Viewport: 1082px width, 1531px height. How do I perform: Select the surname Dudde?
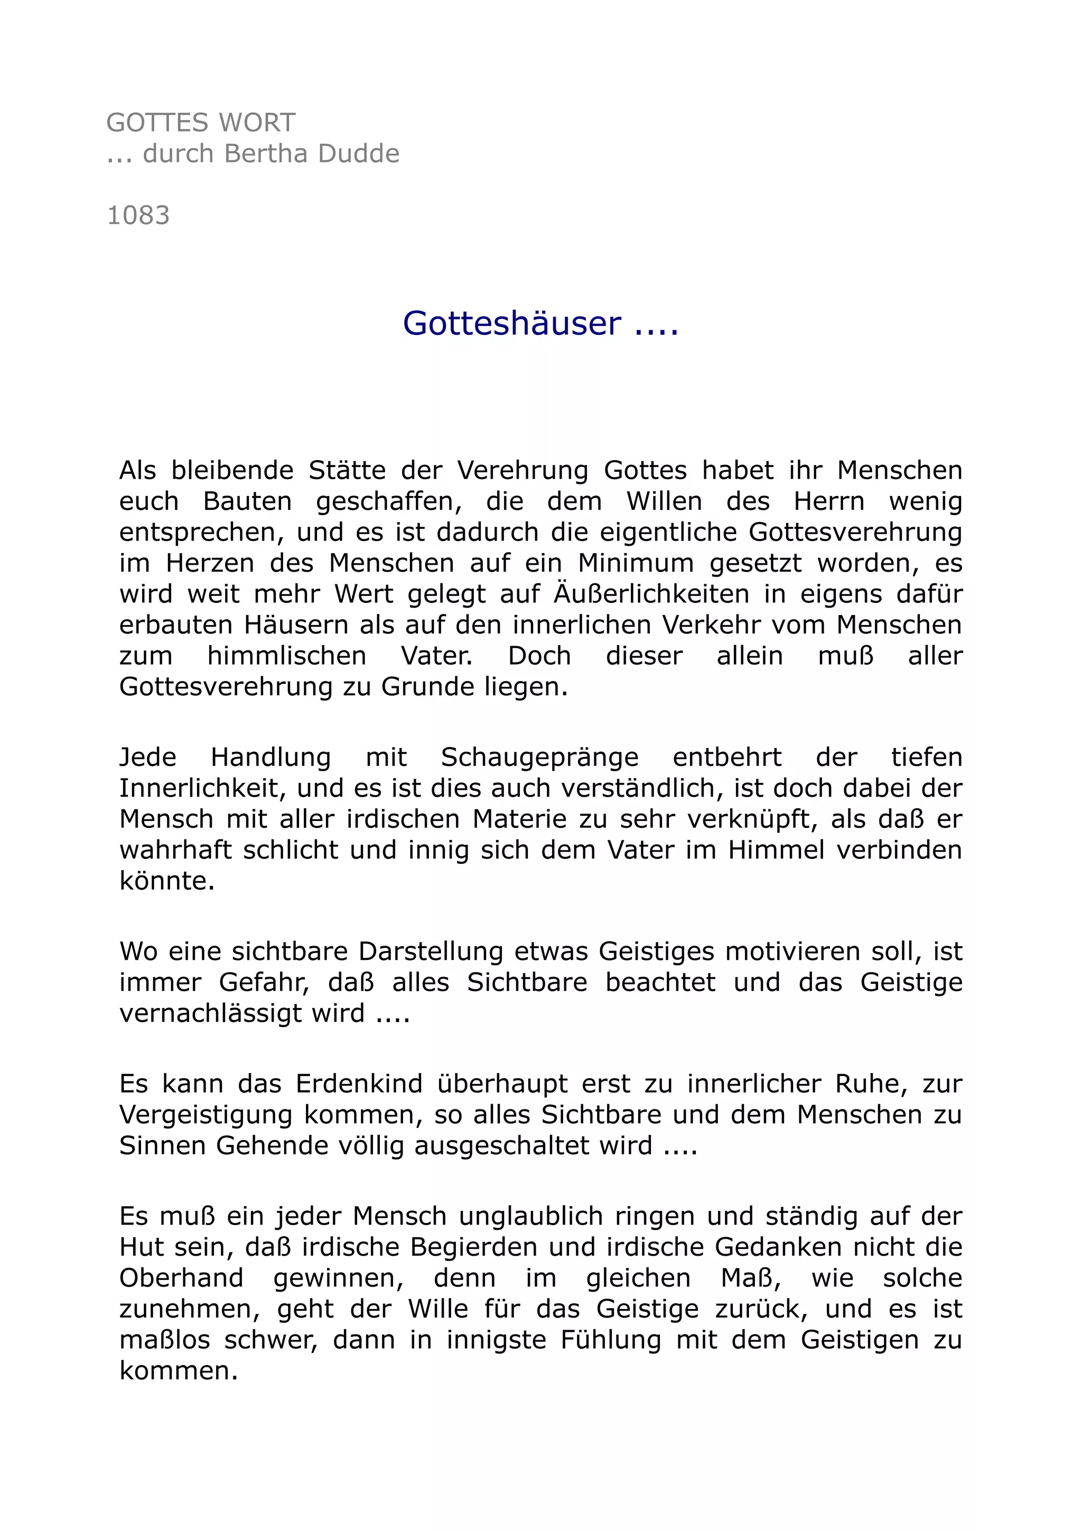click(x=359, y=154)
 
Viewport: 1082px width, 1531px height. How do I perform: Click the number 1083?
click(x=138, y=216)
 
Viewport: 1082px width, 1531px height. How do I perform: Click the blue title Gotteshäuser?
click(x=512, y=323)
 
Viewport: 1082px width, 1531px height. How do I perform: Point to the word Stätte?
click(x=347, y=471)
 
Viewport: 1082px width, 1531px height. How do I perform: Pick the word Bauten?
click(x=247, y=501)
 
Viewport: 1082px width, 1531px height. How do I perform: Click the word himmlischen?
click(x=287, y=656)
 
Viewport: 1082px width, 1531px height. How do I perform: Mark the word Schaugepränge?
click(x=539, y=758)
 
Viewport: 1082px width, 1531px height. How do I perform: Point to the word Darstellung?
click(x=431, y=951)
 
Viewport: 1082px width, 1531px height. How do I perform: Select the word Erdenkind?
click(x=359, y=1084)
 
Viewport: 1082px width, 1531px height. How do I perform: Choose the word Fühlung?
click(x=611, y=1340)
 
